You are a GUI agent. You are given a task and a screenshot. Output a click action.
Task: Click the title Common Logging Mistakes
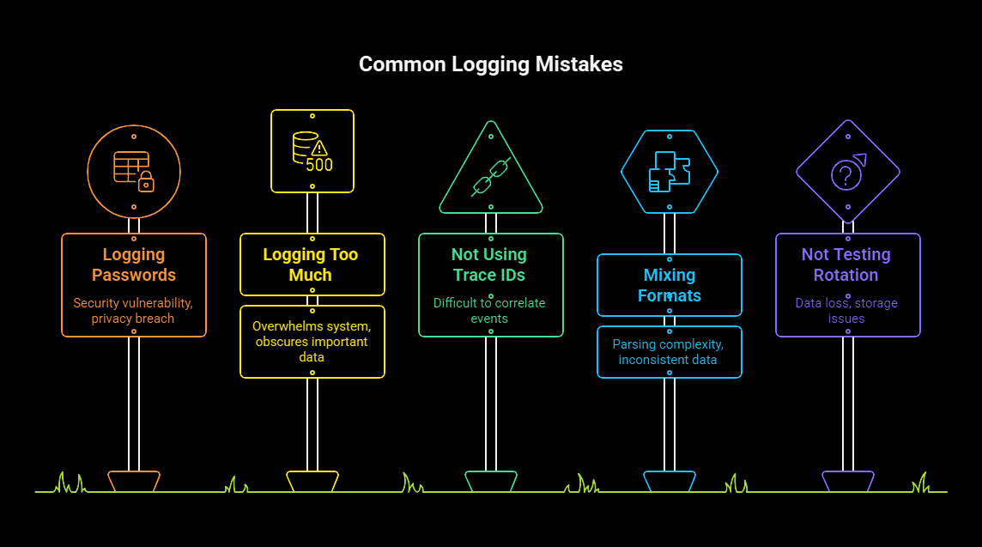tap(490, 64)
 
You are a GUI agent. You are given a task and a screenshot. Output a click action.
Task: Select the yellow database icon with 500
tap(312, 151)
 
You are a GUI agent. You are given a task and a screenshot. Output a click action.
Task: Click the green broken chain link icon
tap(491, 176)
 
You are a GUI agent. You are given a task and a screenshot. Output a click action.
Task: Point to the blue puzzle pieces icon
tap(670, 172)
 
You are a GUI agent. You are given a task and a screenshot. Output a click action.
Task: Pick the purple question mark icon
tap(847, 173)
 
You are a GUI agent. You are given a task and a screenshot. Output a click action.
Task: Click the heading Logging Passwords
tap(134, 264)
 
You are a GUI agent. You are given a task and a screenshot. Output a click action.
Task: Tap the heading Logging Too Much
tap(312, 264)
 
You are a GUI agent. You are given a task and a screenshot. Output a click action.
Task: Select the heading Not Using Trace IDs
tap(491, 264)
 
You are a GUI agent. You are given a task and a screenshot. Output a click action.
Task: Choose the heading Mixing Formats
tap(670, 285)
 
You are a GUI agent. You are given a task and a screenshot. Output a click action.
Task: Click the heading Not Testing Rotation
tap(847, 264)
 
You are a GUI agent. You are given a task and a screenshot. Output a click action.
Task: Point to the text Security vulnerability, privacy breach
tap(134, 311)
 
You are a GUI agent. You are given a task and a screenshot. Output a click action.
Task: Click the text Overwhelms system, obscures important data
tap(312, 342)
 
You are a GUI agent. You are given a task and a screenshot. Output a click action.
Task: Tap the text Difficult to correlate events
tap(491, 311)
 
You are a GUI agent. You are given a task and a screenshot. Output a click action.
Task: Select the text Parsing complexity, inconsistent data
tap(670, 352)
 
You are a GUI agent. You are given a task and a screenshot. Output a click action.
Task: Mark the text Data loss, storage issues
tap(847, 311)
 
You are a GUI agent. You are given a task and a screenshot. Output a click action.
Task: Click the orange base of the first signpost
tap(134, 481)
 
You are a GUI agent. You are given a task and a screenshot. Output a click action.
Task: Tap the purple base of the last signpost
tap(847, 481)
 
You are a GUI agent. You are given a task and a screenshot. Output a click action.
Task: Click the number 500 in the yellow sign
tap(319, 164)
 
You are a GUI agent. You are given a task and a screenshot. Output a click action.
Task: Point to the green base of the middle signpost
tap(491, 481)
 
